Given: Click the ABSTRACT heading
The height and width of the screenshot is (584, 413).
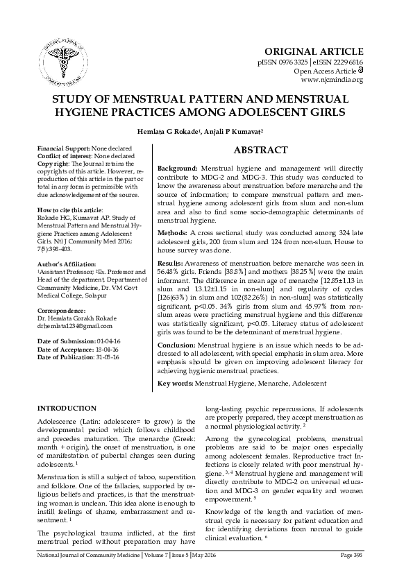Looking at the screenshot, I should [x=260, y=150].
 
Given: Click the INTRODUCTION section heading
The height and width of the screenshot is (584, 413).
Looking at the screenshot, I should [x=67, y=408].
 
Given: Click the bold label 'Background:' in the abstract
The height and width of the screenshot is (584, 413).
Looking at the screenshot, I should [x=178, y=169].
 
